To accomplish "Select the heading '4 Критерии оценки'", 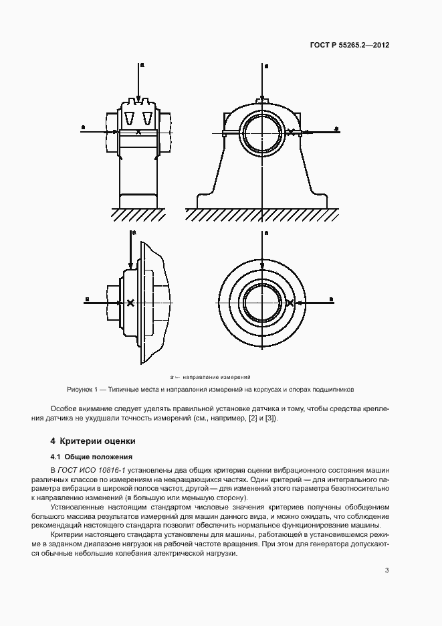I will point(93,441).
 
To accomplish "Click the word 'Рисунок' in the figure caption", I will point(82,389).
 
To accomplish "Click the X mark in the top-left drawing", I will point(138,132).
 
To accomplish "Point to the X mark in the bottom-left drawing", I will point(130,303).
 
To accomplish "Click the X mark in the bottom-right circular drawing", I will point(290,303).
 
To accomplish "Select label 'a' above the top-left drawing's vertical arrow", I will point(141,65).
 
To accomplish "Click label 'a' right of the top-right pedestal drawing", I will point(336,127).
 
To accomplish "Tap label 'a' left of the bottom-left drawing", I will point(87,299).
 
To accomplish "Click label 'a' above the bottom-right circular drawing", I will point(266,233).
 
